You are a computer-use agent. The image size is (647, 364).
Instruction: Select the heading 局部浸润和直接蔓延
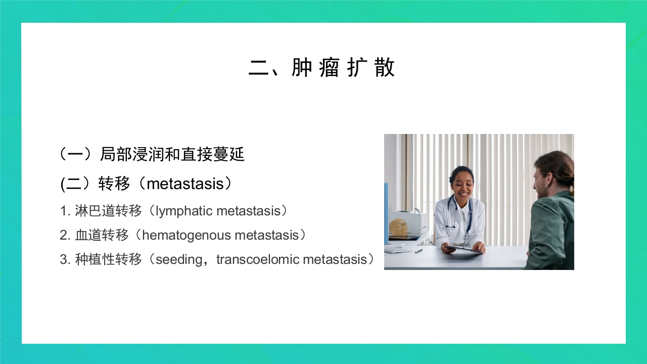coord(172,154)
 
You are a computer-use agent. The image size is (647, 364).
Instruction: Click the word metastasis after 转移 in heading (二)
coord(184,184)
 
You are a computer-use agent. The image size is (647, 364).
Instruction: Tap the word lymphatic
coord(183,211)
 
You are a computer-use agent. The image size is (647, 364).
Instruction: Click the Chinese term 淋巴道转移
coord(108,211)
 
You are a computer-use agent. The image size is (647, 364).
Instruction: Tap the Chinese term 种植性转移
coord(108,259)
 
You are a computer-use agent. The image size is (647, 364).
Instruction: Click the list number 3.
coord(64,259)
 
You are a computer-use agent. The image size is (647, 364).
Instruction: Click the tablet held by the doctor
coord(463,248)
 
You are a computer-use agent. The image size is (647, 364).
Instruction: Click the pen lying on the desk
coord(419,251)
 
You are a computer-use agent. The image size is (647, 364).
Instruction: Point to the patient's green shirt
coord(551,233)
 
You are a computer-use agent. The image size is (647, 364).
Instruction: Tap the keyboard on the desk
coord(397,249)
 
